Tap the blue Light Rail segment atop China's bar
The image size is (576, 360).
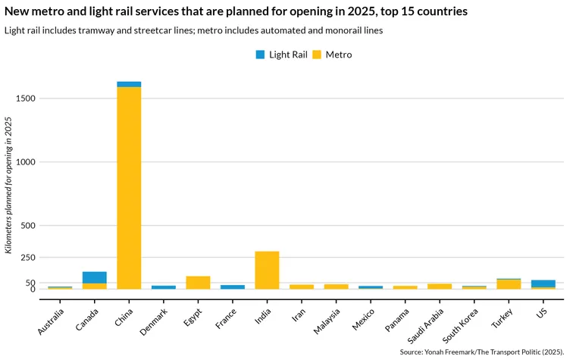129,84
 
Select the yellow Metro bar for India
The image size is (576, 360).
267,270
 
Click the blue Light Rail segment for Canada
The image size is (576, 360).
95,277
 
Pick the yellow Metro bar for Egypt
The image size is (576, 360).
198,282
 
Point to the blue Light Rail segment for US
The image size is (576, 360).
543,283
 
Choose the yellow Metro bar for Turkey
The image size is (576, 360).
509,284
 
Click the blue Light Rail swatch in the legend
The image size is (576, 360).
260,55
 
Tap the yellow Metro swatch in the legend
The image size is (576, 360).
318,55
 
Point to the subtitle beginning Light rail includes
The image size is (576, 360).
193,30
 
